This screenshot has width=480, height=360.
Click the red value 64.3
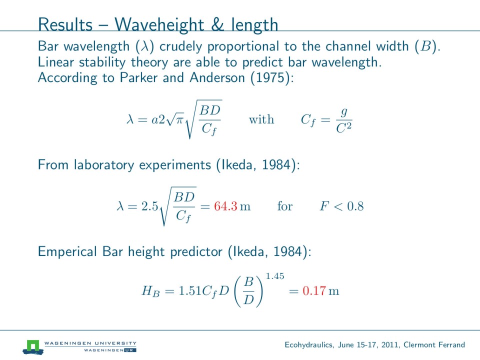tap(225, 206)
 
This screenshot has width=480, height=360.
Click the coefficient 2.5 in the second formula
tap(150, 206)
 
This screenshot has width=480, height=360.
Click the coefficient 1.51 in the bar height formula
tap(189, 291)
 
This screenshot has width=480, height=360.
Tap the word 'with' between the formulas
tap(261, 119)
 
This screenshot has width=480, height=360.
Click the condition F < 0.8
tap(341, 206)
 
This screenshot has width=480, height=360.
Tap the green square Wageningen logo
tap(33, 345)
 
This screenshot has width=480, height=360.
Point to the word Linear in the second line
tap(53, 62)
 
